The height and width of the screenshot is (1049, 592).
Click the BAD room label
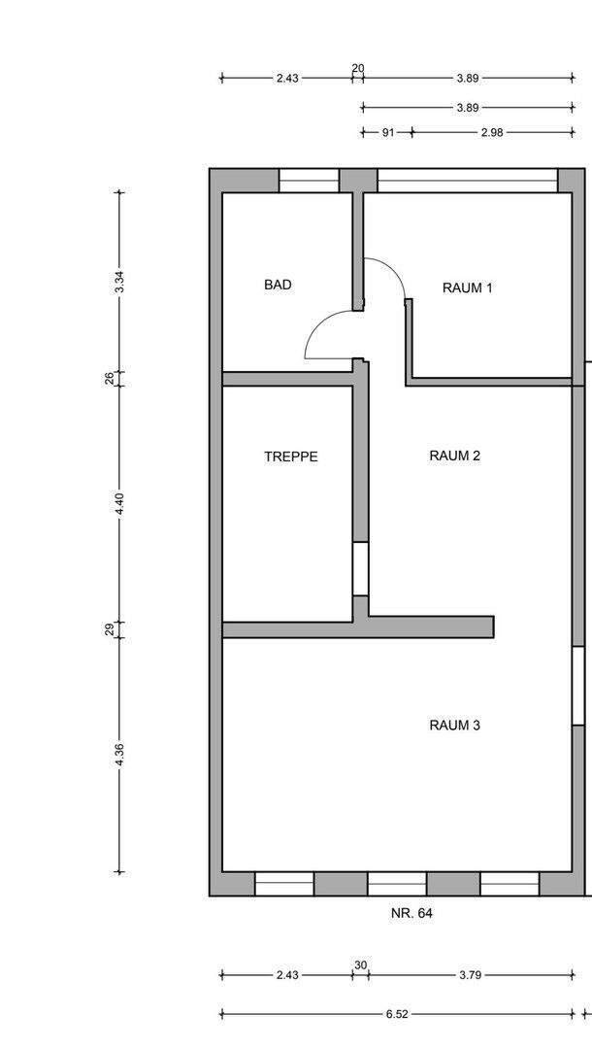[278, 286]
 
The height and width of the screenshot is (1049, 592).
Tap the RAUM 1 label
[467, 288]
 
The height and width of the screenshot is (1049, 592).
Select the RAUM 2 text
[455, 456]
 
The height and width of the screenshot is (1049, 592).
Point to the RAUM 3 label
[455, 725]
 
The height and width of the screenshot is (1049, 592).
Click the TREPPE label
[290, 457]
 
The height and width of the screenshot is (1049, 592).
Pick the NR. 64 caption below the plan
[411, 913]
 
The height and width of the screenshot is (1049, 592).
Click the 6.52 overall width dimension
[396, 1014]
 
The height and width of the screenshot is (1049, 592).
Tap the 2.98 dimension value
[491, 133]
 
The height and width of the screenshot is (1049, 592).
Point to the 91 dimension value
[386, 133]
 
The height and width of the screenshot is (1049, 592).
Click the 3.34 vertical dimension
[119, 282]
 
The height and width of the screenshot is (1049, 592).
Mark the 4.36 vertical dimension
[119, 755]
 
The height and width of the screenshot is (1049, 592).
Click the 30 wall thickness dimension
[360, 964]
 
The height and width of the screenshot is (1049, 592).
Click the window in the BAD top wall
[309, 181]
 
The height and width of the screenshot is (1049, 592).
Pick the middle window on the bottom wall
[396, 883]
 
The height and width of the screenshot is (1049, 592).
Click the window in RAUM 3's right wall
[578, 685]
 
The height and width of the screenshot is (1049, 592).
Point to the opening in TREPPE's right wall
[360, 568]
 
